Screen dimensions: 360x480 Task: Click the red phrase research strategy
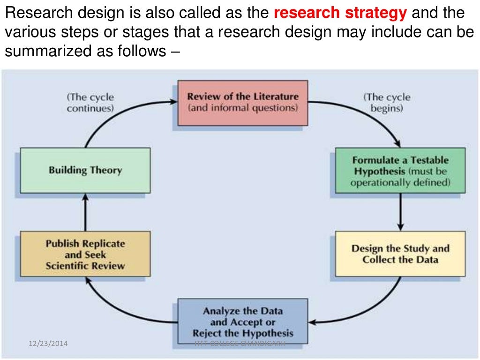(x=340, y=13)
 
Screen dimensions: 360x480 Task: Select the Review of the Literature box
(x=242, y=103)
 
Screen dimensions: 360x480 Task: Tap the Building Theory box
(x=85, y=170)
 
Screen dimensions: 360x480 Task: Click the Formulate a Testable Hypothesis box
(x=400, y=171)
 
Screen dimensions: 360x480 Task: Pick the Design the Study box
(x=400, y=254)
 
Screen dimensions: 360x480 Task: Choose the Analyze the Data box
(x=242, y=322)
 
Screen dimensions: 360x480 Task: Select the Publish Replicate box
(x=85, y=255)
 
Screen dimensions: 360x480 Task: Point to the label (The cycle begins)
(x=387, y=103)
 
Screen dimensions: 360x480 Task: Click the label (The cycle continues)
(x=90, y=102)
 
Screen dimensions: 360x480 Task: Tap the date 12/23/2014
(x=47, y=344)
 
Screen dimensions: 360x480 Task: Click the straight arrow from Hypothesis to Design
(x=400, y=211)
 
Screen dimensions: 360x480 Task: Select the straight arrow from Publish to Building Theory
(x=85, y=212)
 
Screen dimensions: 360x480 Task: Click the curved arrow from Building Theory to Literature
(x=117, y=112)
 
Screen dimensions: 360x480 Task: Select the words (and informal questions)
(x=242, y=108)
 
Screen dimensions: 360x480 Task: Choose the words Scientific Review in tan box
(x=85, y=266)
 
